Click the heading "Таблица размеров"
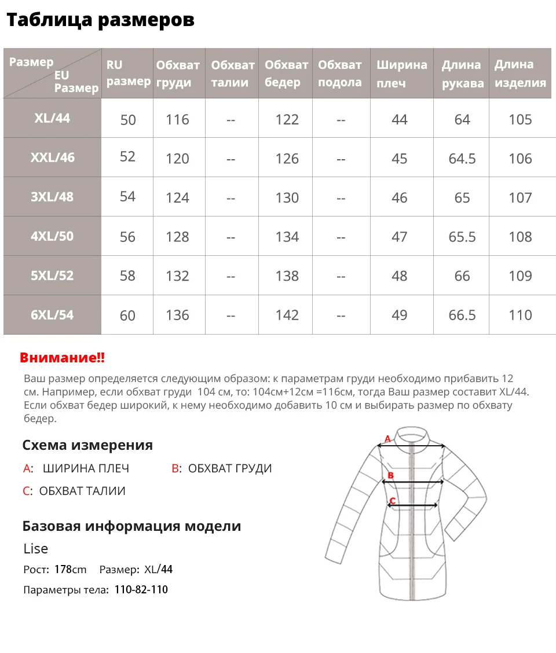pyautogui.click(x=100, y=20)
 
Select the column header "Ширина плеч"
pyautogui.click(x=401, y=74)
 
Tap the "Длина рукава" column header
pyautogui.click(x=462, y=74)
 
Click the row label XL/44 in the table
pyautogui.click(x=52, y=118)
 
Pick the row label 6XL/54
pyautogui.click(x=52, y=315)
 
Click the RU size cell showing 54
pyautogui.click(x=127, y=197)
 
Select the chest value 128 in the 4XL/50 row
pyautogui.click(x=177, y=237)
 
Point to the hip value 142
pyautogui.click(x=287, y=316)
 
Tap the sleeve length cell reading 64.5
pyautogui.click(x=462, y=159)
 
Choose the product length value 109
pyautogui.click(x=520, y=276)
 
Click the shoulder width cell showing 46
pyautogui.click(x=400, y=197)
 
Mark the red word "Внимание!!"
pyautogui.click(x=63, y=358)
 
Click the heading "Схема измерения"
pyautogui.click(x=87, y=445)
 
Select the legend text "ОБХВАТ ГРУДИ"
pyautogui.click(x=230, y=468)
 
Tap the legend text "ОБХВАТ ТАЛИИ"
pyautogui.click(x=82, y=491)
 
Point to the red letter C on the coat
pyautogui.click(x=392, y=500)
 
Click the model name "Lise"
pyautogui.click(x=36, y=548)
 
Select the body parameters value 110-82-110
pyautogui.click(x=141, y=590)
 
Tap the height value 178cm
pyautogui.click(x=70, y=569)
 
